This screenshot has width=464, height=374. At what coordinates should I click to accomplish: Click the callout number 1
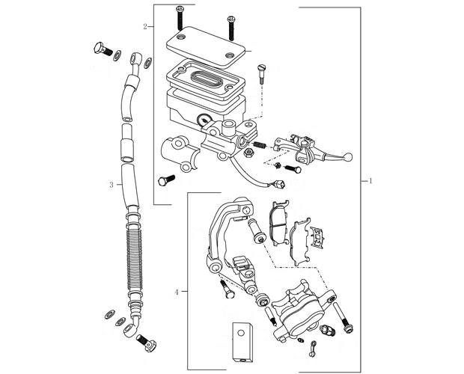pyautogui.click(x=372, y=181)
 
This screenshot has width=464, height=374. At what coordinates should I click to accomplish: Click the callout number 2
pyautogui.click(x=144, y=27)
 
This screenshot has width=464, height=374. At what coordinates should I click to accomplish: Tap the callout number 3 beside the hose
pyautogui.click(x=111, y=184)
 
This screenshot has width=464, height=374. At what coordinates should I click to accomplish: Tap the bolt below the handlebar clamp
pyautogui.click(x=165, y=180)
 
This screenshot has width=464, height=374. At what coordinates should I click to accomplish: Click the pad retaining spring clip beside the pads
pyautogui.click(x=320, y=238)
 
